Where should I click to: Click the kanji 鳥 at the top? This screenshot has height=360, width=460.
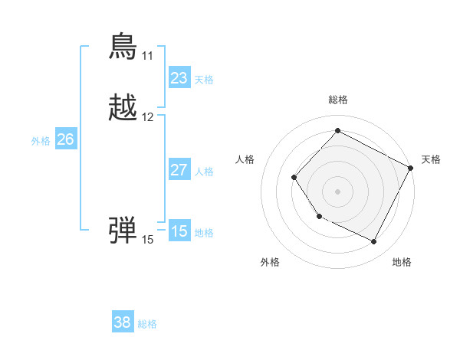(123, 47)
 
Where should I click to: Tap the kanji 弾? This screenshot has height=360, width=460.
(123, 229)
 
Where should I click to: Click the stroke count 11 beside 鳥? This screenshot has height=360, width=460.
(147, 56)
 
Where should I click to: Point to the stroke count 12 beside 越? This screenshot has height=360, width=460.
(147, 117)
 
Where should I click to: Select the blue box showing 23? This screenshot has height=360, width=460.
(179, 78)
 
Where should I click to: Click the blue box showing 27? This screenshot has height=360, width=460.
(179, 170)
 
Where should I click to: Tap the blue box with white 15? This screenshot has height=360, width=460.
(179, 231)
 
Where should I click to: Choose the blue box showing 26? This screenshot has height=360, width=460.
(66, 139)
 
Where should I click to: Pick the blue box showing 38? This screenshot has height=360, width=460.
(122, 322)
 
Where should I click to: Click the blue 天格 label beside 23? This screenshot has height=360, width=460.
(204, 80)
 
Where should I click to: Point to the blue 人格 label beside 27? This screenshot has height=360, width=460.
(204, 172)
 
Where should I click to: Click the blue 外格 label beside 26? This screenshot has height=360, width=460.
(40, 141)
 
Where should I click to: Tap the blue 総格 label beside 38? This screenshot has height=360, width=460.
(147, 324)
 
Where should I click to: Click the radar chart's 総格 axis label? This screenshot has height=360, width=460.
(337, 100)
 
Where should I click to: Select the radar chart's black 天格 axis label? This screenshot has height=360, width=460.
(431, 159)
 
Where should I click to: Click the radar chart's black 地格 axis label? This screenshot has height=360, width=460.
(402, 262)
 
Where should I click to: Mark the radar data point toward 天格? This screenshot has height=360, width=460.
(411, 168)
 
